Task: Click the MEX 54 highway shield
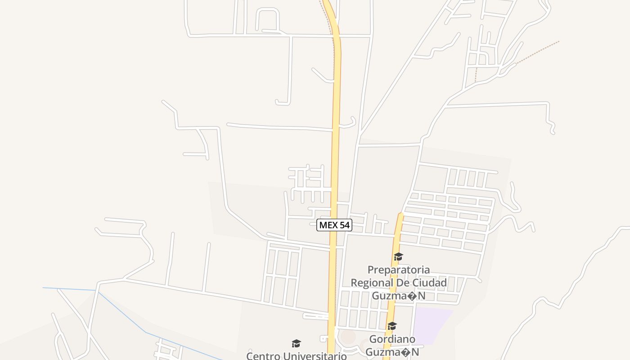pyautogui.click(x=334, y=225)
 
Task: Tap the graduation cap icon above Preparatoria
pyautogui.click(x=398, y=257)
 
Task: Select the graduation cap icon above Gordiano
pyautogui.click(x=392, y=326)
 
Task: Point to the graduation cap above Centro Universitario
pyautogui.click(x=296, y=344)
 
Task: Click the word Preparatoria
pyautogui.click(x=399, y=270)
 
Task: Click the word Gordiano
pyautogui.click(x=392, y=339)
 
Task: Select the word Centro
pyautogui.click(x=263, y=356)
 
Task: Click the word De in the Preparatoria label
pyautogui.click(x=401, y=283)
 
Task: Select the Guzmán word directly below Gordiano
pyautogui.click(x=392, y=351)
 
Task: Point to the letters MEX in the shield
pyautogui.click(x=328, y=225)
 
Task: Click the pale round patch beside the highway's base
pyautogui.click(x=347, y=336)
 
